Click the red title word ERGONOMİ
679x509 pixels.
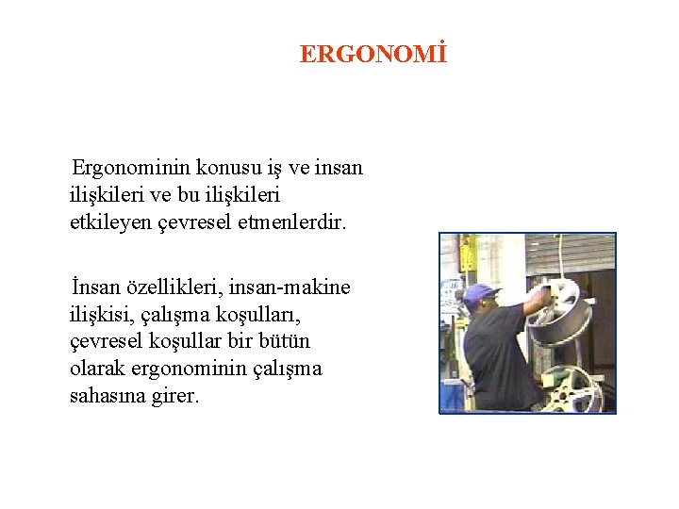pyautogui.click(x=372, y=55)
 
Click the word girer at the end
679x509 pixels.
pyautogui.click(x=175, y=396)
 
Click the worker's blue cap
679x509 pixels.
pyautogui.click(x=480, y=292)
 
